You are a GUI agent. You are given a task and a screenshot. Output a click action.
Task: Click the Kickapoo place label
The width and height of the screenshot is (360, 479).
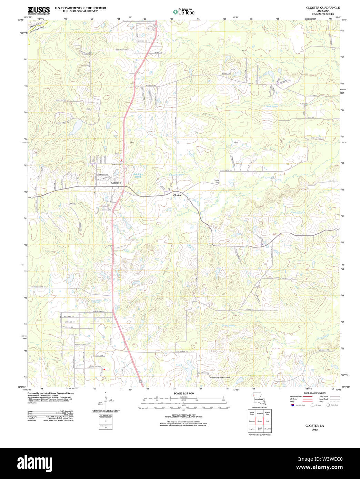116,182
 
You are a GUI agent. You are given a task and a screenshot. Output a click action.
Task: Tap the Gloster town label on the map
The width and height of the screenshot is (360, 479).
177,195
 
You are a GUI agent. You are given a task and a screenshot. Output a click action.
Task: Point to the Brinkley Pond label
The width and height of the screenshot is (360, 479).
138,175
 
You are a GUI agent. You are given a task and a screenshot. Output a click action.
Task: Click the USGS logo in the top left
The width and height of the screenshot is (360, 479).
39,10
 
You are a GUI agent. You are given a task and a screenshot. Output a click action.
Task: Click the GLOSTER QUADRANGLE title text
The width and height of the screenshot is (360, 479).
323,8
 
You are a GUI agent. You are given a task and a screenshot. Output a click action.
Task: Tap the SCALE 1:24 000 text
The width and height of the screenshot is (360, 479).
183,393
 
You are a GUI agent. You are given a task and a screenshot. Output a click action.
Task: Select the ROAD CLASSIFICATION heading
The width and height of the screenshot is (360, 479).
314,393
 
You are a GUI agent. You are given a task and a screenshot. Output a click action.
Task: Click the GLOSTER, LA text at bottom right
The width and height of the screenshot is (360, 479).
314,426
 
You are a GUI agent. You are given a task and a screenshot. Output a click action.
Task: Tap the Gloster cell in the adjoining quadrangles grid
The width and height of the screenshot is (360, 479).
260,421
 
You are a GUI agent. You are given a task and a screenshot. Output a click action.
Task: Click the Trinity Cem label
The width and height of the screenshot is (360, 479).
217,181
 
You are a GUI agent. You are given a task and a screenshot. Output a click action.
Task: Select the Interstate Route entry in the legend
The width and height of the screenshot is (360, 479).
296,397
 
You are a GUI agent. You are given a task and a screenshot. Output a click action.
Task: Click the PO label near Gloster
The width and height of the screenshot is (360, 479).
169,189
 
